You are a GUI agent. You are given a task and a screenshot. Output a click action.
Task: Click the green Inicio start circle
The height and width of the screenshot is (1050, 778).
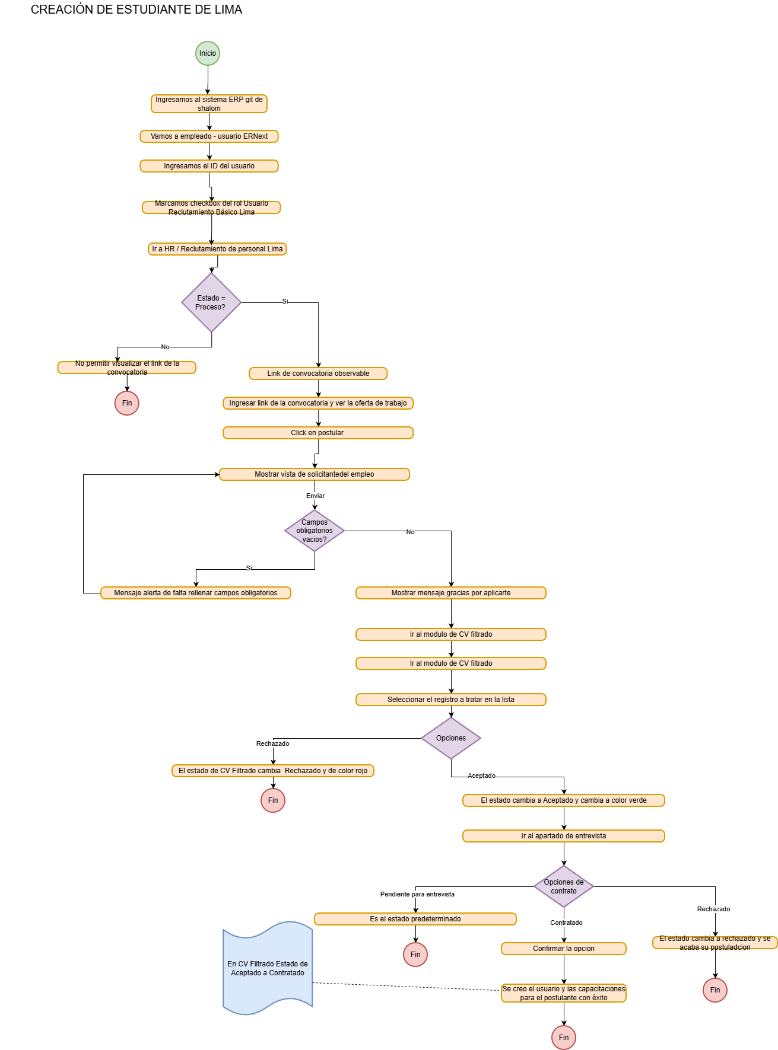(x=208, y=53)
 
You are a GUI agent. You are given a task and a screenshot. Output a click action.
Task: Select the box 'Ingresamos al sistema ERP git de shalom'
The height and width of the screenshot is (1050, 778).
(x=209, y=104)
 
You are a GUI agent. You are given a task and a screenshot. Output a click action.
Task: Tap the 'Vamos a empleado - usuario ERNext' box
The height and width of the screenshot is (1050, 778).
(x=209, y=136)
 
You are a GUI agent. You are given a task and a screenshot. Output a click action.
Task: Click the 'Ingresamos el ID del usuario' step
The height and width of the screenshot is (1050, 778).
(x=209, y=166)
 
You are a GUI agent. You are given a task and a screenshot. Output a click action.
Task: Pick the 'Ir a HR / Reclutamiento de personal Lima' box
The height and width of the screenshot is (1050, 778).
(x=217, y=249)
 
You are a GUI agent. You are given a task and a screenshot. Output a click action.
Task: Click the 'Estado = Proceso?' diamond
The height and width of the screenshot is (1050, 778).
(x=211, y=302)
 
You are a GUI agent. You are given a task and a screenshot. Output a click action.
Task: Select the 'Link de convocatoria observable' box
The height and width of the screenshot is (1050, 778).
(x=318, y=374)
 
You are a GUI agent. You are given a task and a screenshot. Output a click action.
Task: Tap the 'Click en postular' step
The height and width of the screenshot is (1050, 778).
(x=318, y=433)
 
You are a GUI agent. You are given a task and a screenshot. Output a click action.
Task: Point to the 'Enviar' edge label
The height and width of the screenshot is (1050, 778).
(x=315, y=496)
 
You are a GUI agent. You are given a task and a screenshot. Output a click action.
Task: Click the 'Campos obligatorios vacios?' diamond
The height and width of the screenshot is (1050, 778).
(x=315, y=531)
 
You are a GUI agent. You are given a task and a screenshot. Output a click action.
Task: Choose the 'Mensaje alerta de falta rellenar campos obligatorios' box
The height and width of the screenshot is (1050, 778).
(x=196, y=593)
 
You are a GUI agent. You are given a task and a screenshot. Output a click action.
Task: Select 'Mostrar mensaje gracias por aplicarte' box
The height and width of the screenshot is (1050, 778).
(x=451, y=593)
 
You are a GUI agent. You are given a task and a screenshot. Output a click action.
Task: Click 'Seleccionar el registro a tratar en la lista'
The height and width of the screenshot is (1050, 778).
(x=451, y=700)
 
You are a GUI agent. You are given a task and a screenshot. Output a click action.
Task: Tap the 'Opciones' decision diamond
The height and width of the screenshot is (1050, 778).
(x=451, y=738)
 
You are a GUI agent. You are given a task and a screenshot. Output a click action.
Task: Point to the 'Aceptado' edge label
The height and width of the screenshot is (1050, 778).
(x=481, y=775)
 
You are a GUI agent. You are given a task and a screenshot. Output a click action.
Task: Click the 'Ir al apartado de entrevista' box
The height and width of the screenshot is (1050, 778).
(x=564, y=836)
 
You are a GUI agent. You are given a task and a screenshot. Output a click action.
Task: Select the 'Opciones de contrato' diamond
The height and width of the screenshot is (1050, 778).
(x=564, y=886)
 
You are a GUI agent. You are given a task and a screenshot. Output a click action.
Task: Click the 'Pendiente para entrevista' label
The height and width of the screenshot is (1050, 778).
(x=417, y=894)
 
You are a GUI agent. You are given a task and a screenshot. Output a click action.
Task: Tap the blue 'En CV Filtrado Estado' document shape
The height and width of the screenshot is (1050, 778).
(x=268, y=968)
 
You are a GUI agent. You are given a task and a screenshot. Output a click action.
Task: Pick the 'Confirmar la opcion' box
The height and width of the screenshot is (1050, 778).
(x=564, y=949)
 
